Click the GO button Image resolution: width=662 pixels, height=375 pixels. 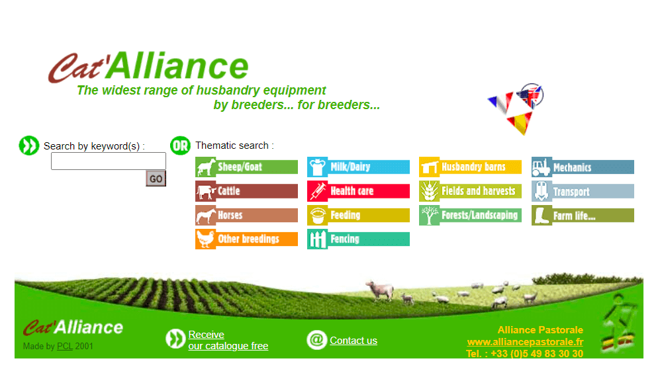click(x=156, y=179)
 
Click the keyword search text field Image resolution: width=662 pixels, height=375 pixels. click(x=109, y=161)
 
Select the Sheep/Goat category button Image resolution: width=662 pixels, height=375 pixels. click(x=246, y=167)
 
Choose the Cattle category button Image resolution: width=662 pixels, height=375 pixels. click(x=246, y=191)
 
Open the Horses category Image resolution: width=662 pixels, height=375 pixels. click(x=246, y=215)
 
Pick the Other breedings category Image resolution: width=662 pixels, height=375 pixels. click(x=246, y=239)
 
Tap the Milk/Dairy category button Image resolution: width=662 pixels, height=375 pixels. click(x=358, y=167)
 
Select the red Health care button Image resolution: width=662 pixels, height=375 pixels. click(x=358, y=191)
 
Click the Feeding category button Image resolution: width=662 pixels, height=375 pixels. click(x=358, y=215)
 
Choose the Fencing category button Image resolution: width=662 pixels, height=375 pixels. click(x=358, y=239)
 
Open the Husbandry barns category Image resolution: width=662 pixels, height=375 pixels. click(x=470, y=167)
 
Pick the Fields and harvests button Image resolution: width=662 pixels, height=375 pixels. click(x=470, y=191)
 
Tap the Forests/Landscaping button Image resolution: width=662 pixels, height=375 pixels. click(x=470, y=215)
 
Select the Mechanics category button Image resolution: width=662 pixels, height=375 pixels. click(x=583, y=167)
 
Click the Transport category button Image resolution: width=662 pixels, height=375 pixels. click(x=583, y=191)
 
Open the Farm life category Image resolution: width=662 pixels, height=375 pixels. click(x=583, y=215)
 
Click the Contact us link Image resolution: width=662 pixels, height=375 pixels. click(x=354, y=341)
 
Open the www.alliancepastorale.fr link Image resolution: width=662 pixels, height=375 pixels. click(x=525, y=342)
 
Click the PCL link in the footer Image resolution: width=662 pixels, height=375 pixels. click(x=65, y=347)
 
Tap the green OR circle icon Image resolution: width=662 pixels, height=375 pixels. click(x=180, y=146)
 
